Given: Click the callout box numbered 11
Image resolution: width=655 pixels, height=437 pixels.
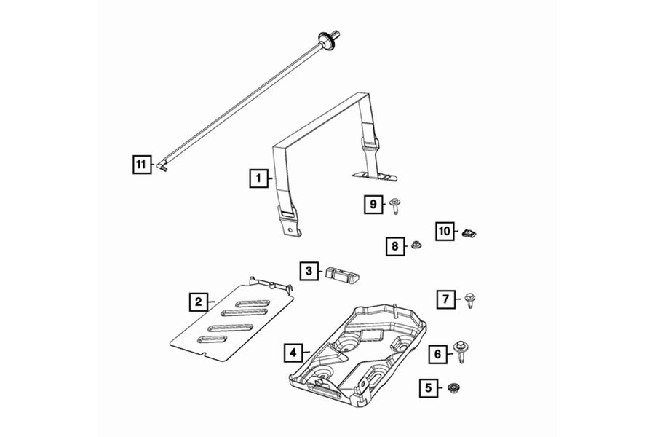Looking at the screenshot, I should pos(140,164).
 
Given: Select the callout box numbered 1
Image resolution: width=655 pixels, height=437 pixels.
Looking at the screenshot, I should pos(256,176).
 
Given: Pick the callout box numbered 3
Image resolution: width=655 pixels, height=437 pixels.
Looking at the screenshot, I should pos(309,271).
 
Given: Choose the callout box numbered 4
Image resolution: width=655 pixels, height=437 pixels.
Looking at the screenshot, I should pos(292,353).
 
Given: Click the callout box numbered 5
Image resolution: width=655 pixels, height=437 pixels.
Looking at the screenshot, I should pos(428,389).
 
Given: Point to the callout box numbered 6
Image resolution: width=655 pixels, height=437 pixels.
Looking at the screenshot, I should pos(437,354).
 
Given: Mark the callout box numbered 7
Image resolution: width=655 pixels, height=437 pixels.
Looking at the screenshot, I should pos(446,298).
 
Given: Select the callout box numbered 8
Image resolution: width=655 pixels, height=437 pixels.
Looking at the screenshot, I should pos(395,247).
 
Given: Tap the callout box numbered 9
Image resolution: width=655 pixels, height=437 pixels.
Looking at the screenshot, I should pos(373,205).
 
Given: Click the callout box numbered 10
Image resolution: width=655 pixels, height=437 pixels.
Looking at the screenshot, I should pos(445,231).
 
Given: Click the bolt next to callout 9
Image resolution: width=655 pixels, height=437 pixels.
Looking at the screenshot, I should pos(395,206).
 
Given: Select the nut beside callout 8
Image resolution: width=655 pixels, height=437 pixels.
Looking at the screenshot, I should pos(416,246).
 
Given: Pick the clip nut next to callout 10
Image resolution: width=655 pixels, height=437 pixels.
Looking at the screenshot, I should pos(469,233).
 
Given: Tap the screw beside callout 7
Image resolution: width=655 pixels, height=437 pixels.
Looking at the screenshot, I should pos(469,299).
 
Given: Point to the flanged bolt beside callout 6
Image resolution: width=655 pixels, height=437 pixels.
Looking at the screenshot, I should pos(461,350).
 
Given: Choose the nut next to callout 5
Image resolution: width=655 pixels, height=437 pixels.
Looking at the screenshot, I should pos(452,387).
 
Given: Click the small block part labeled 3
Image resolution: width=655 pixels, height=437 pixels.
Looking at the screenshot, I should pos(342,273).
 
